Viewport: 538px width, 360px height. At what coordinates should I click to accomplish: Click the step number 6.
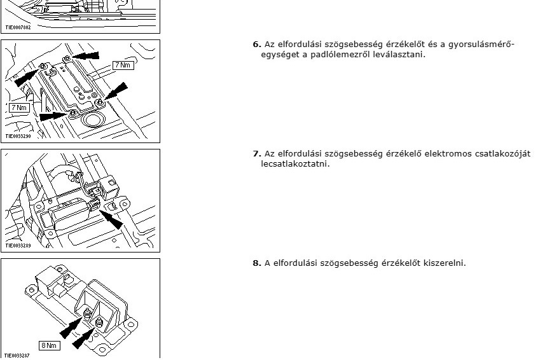click(x=257, y=45)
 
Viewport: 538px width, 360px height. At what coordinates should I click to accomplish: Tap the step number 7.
click(x=257, y=154)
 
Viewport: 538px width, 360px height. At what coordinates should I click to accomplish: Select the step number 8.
click(x=257, y=263)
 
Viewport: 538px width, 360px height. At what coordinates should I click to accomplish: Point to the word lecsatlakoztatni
click(x=295, y=163)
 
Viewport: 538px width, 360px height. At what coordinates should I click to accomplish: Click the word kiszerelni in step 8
click(x=445, y=263)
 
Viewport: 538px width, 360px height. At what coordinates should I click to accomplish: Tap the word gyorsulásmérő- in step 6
click(x=481, y=45)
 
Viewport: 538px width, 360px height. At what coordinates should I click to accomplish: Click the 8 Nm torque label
click(x=49, y=345)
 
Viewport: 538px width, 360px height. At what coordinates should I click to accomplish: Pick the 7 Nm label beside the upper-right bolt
click(x=123, y=65)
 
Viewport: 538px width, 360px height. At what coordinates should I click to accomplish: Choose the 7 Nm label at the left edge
click(x=19, y=107)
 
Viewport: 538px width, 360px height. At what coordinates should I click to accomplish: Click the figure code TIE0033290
click(x=18, y=136)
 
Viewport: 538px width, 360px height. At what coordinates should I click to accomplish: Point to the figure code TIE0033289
click(x=18, y=246)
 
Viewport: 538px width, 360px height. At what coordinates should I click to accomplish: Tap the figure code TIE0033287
click(x=17, y=356)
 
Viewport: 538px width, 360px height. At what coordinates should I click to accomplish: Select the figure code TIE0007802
click(x=18, y=27)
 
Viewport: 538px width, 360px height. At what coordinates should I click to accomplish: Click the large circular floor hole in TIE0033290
click(x=92, y=120)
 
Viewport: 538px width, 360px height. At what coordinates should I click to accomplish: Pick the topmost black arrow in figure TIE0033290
click(x=85, y=55)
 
